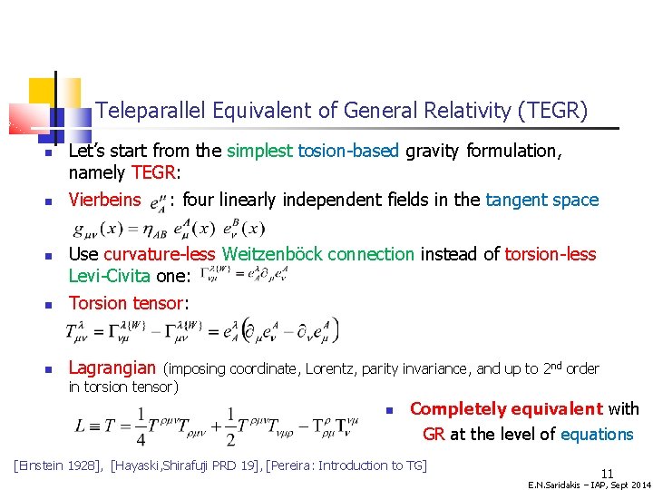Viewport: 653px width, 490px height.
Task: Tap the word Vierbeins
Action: [x=105, y=200]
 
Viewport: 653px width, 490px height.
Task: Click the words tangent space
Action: [x=542, y=200]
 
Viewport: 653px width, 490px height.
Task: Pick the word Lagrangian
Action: [x=112, y=367]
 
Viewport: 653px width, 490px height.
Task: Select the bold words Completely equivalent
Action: [x=506, y=409]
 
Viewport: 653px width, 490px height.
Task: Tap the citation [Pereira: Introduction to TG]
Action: [x=346, y=465]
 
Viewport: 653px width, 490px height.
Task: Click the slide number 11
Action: [x=607, y=473]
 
